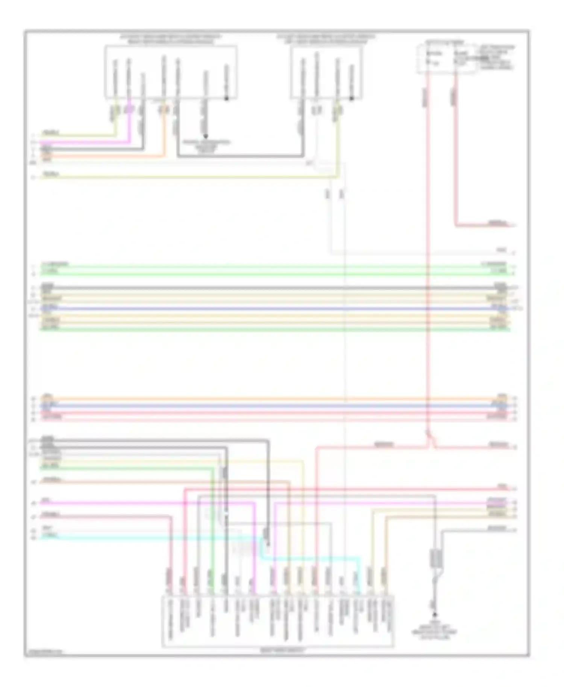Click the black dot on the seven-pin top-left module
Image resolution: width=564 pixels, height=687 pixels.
point(227,99)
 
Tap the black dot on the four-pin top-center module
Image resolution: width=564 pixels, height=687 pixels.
point(352,99)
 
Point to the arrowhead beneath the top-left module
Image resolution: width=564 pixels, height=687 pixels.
point(205,136)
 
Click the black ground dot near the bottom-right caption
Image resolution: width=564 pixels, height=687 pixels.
point(435,615)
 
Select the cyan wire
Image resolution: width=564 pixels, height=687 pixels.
point(150,538)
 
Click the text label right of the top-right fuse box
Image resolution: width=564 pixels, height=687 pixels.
point(497,57)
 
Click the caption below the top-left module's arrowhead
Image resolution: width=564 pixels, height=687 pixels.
point(206,146)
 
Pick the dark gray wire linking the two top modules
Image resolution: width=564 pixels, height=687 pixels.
point(241,155)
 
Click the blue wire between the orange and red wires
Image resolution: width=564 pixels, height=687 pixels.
point(263,406)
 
